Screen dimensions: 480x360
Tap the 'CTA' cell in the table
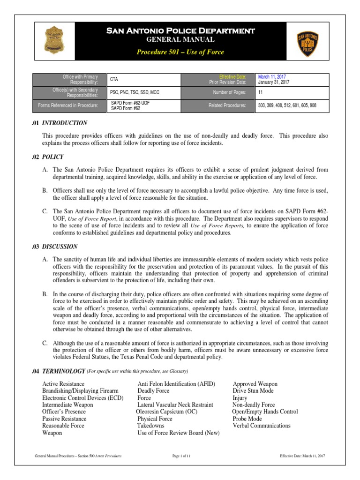pyautogui.click(x=114, y=79)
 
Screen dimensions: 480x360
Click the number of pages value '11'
pyautogui.click(x=261, y=93)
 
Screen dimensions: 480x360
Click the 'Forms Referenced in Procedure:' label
pyautogui.click(x=68, y=106)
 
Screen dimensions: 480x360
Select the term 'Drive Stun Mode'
pyautogui.click(x=253, y=390)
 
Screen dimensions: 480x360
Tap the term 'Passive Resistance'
pyautogui.click(x=64, y=419)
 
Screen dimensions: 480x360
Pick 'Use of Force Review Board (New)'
pyautogui.click(x=179, y=433)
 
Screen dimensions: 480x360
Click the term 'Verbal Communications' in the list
pyautogui.click(x=262, y=426)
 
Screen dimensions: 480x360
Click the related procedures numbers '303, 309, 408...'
pyautogui.click(x=287, y=106)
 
